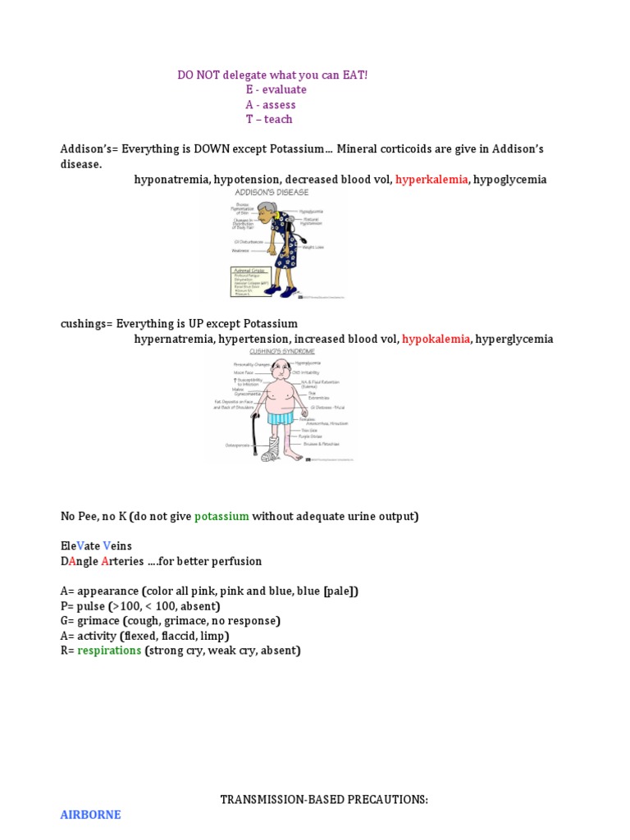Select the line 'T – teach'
268,120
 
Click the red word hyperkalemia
431,180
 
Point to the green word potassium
221,517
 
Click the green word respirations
109,651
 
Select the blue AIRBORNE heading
90,815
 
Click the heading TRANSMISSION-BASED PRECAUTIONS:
324,800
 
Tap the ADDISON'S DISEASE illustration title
272,193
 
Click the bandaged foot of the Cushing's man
270,450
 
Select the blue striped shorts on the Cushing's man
281,419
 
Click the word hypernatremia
173,339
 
